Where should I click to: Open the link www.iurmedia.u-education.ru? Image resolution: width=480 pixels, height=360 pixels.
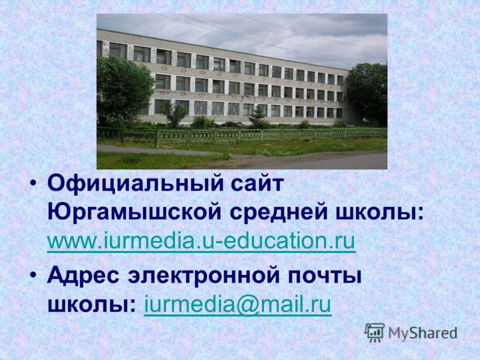coord(201,241)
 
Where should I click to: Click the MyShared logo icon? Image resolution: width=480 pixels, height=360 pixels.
coord(374,333)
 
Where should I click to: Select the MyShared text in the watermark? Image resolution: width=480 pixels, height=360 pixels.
coord(422,333)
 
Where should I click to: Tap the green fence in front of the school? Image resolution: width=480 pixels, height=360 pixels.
coord(242,134)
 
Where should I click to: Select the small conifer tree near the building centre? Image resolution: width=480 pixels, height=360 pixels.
coord(259,117)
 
